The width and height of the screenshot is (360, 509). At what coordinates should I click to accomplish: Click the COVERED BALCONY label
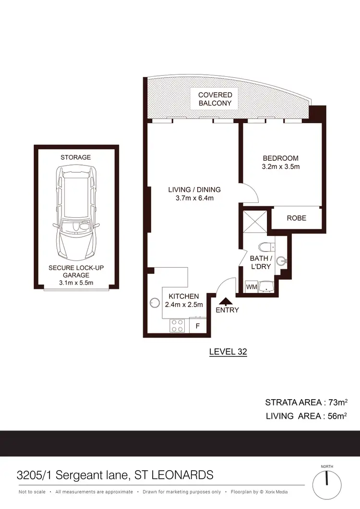215,99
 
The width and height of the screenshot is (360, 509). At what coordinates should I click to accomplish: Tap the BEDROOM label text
280,158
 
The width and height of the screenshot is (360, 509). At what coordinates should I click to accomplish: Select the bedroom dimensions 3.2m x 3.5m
280,167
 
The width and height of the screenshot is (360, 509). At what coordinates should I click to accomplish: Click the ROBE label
296,218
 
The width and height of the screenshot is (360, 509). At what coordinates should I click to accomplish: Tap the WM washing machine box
251,287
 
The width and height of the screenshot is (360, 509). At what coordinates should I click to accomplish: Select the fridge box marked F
197,325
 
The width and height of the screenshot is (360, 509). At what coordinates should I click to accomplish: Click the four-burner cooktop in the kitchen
177,326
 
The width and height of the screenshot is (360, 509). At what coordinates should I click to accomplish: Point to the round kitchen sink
155,303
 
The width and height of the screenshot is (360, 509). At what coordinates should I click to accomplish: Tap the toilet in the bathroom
264,247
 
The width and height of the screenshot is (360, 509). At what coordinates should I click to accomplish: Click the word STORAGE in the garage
75,157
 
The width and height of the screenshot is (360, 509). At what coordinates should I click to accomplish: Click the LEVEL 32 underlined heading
228,352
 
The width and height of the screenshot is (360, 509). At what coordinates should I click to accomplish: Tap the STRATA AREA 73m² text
306,402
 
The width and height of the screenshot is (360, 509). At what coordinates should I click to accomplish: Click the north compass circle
327,483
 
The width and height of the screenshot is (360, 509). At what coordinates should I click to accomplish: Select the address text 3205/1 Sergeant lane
72,475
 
